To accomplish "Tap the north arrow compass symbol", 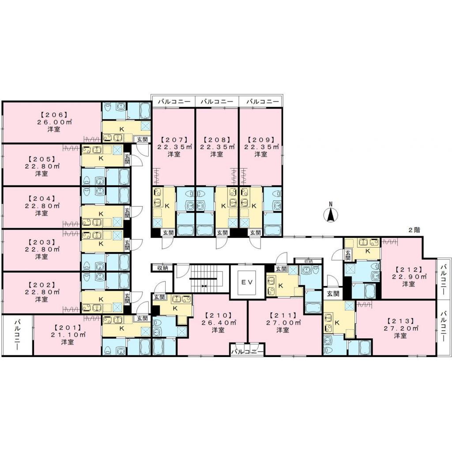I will point(331,214).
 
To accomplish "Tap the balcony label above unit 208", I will point(217,102).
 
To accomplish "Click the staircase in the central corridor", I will point(203,279).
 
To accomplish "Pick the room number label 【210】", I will point(216,316).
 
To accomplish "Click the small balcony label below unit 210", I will point(248,352).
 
